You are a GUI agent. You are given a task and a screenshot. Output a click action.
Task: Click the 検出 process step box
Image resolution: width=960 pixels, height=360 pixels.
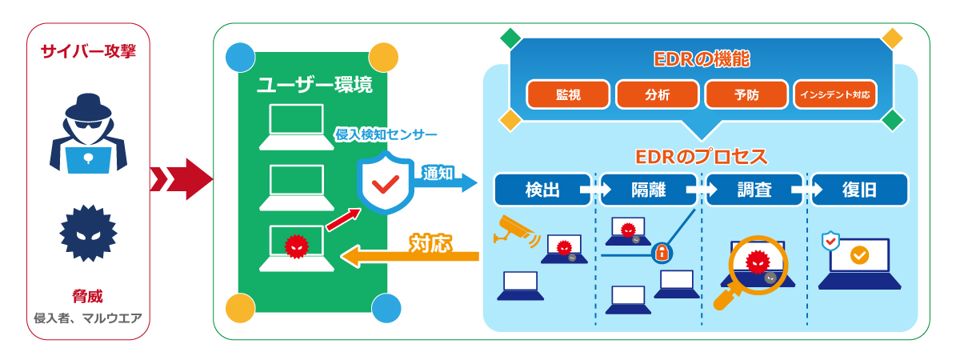542,190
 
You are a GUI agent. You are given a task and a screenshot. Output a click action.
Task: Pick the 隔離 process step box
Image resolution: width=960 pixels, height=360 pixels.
648,190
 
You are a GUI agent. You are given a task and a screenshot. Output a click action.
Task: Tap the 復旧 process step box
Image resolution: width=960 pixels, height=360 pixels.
859,190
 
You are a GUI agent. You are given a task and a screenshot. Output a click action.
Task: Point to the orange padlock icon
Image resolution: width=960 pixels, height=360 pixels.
662,254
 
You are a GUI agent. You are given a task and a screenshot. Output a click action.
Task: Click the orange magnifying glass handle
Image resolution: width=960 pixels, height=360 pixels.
725,298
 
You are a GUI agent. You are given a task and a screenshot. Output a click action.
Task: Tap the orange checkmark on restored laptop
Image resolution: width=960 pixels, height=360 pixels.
859,255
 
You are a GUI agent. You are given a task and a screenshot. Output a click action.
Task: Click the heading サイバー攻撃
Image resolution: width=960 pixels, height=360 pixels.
89,52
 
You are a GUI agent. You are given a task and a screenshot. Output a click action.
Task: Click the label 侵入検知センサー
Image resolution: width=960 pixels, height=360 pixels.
386,134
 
